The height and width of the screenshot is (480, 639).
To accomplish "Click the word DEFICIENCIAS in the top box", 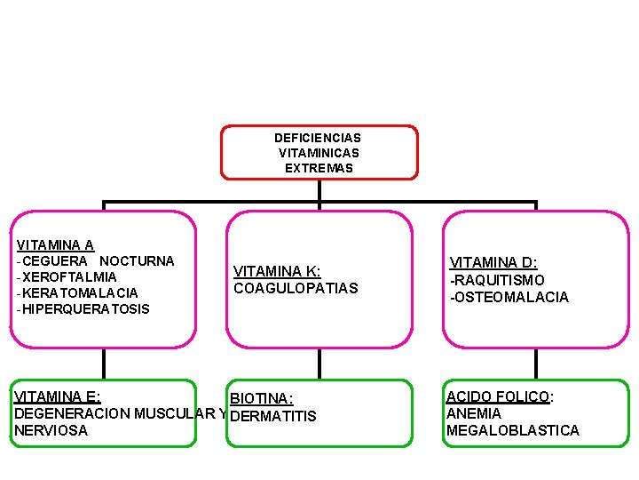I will click(x=318, y=138).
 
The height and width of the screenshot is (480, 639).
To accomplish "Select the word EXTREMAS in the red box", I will click(x=319, y=168).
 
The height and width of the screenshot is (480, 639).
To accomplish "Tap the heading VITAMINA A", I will click(x=55, y=245).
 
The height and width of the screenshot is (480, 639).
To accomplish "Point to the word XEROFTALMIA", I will click(x=69, y=277).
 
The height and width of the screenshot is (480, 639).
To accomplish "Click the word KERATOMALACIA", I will click(x=80, y=293).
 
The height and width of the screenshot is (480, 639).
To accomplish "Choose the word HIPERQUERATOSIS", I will click(x=86, y=309).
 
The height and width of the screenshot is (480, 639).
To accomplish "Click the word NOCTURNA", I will click(x=137, y=261).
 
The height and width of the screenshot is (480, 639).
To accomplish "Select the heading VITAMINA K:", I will click(x=277, y=272).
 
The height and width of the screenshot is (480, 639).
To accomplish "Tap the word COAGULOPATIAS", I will click(x=296, y=289).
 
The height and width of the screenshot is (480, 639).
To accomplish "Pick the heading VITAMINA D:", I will click(x=493, y=263).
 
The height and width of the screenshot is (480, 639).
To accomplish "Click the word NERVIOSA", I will click(x=51, y=430).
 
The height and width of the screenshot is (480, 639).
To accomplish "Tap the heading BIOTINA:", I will click(x=261, y=399).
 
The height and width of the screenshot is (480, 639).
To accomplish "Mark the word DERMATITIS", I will click(x=273, y=416).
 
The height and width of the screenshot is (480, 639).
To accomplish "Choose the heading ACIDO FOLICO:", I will click(x=500, y=396).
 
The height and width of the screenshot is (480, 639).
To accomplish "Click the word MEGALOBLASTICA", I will click(x=513, y=431).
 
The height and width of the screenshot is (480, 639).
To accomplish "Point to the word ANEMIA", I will click(x=474, y=413).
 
